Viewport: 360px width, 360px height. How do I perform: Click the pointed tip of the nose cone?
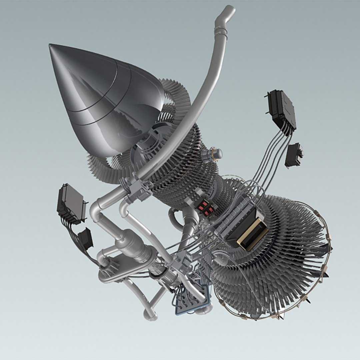click(50, 45)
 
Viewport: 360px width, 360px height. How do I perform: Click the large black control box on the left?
click(71, 203)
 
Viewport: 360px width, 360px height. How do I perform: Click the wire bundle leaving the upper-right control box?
click(272, 157)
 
